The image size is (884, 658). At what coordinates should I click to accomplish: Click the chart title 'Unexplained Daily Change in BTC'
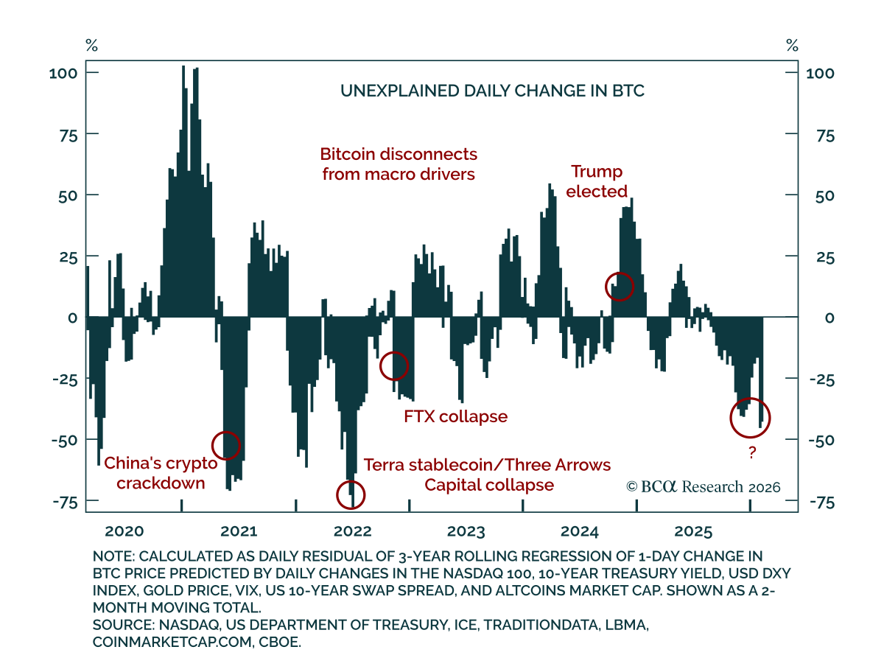(x=492, y=91)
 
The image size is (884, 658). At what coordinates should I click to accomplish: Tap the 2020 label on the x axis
(x=124, y=531)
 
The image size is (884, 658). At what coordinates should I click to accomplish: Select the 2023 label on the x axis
(x=466, y=531)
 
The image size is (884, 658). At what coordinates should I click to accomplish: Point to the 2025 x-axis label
(x=693, y=531)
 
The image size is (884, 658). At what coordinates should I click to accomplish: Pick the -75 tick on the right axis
(x=819, y=502)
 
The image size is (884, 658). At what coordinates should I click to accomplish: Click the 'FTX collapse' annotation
(x=455, y=416)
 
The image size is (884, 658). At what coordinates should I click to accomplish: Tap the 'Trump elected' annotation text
(x=597, y=181)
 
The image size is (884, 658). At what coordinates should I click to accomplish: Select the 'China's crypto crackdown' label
(x=161, y=473)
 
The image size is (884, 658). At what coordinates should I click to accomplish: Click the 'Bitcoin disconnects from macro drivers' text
(x=399, y=164)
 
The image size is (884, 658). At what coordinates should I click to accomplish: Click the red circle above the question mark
(x=750, y=418)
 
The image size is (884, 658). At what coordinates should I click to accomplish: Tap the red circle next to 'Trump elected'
(x=619, y=286)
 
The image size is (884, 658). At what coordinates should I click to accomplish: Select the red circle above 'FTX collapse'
(x=394, y=365)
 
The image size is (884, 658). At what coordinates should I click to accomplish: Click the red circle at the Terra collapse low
(x=350, y=494)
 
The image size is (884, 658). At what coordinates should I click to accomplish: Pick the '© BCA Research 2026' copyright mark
(x=703, y=487)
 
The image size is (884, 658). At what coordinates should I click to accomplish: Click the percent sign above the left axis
(x=91, y=46)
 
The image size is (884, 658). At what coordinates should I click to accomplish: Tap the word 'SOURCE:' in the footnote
(x=122, y=625)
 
